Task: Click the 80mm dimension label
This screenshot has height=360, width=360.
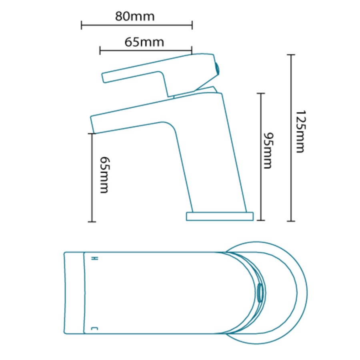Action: point(135,17)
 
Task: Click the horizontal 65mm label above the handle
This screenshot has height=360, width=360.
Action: point(144,42)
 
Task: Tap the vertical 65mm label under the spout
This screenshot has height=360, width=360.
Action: point(104,175)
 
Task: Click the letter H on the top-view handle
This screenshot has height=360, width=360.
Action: point(95,258)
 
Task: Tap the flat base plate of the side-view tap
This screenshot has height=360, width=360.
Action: point(220,216)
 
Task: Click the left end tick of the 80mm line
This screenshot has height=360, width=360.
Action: point(82,25)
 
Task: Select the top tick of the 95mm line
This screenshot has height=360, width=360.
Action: point(261,93)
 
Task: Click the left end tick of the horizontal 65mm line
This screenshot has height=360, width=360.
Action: point(100,50)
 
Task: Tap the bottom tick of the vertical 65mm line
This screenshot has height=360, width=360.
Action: point(92,221)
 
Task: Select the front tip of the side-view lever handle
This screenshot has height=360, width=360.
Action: point(104,78)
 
